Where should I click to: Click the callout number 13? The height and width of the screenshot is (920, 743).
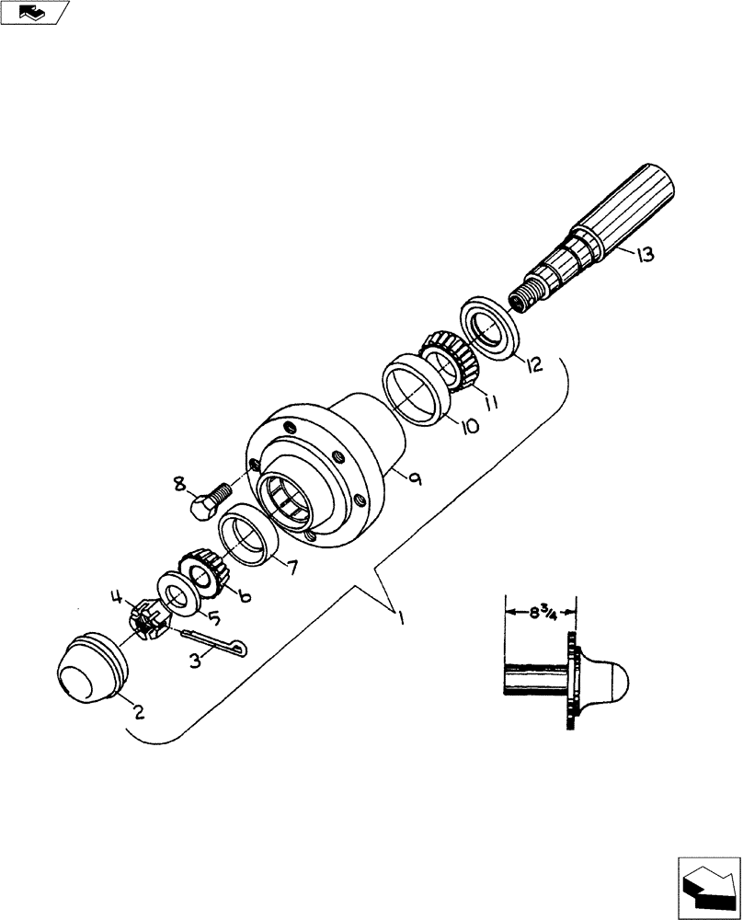pos(645,255)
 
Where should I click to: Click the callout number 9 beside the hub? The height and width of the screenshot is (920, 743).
pos(415,479)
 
